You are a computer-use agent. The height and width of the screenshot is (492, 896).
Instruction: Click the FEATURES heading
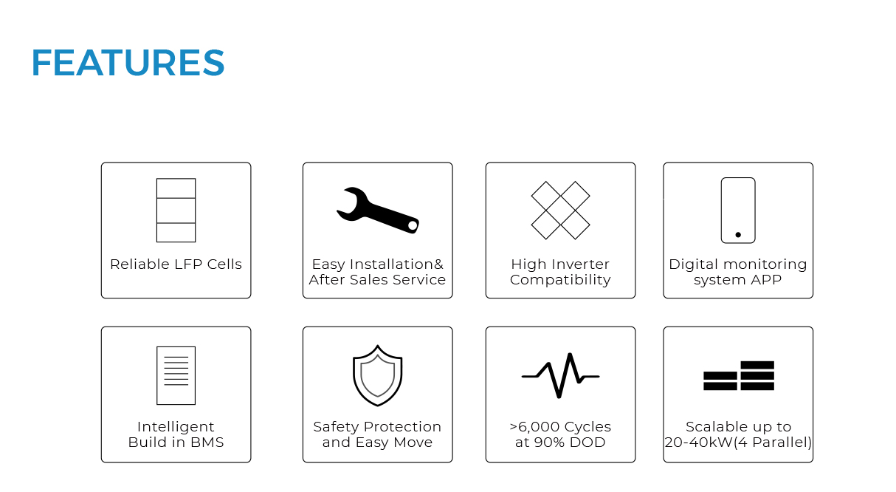[128, 63]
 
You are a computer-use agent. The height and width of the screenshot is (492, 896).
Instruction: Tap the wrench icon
[378, 210]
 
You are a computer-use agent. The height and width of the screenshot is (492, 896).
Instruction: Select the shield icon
[378, 375]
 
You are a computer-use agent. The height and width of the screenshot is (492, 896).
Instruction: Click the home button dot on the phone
[738, 235]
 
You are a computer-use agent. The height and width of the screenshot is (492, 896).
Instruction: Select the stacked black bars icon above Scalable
[738, 375]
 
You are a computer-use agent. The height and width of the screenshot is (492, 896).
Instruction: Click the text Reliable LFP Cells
[176, 264]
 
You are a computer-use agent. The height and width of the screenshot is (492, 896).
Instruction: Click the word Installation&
[396, 264]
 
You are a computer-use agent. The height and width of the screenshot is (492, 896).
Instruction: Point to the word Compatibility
[560, 280]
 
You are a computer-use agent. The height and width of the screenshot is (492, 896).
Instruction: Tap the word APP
[765, 280]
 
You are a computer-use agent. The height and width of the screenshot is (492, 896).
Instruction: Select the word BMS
[207, 443]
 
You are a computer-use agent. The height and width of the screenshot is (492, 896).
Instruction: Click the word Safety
[337, 428]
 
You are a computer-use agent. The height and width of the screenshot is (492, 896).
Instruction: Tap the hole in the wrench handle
[413, 226]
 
